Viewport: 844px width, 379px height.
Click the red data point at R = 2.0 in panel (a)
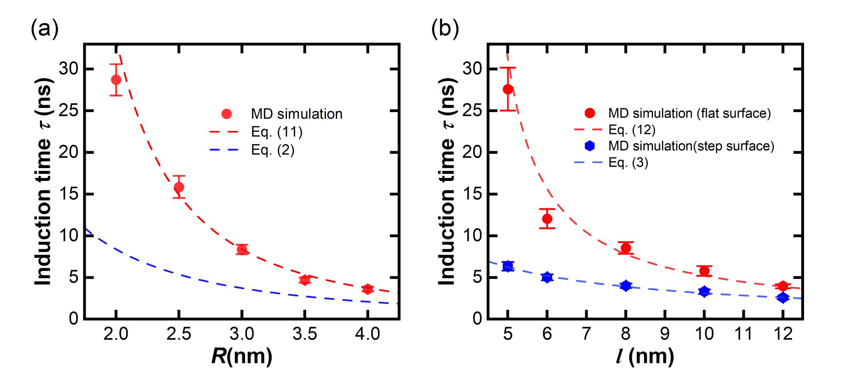(x=116, y=80)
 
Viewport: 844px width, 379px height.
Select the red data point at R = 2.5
(x=179, y=187)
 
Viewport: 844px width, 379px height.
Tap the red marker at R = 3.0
(x=242, y=249)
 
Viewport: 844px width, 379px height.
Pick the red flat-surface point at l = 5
(x=508, y=89)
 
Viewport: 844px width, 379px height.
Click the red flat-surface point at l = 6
(x=547, y=219)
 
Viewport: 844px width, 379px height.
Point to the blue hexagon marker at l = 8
(x=626, y=285)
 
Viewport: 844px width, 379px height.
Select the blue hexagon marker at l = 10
(x=704, y=292)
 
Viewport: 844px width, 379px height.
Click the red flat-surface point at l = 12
(x=783, y=286)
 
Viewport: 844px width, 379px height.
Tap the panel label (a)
(x=45, y=29)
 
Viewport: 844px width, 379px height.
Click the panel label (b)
(x=445, y=29)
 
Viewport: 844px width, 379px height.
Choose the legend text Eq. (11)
(x=277, y=132)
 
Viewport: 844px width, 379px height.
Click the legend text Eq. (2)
(x=273, y=150)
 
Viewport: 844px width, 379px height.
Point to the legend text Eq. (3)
(x=628, y=162)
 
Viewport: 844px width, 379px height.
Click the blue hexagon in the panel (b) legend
(x=590, y=146)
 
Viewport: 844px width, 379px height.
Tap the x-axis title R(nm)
(x=241, y=356)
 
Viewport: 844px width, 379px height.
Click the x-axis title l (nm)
(x=645, y=356)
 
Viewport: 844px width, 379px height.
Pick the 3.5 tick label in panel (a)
(x=305, y=334)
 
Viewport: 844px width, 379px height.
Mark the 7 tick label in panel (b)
(x=586, y=334)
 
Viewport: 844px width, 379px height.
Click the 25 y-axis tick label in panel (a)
(x=68, y=111)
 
